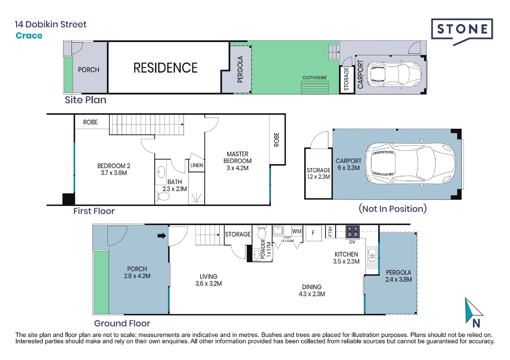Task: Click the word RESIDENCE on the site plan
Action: (165, 68)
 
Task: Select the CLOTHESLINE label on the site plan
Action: (315, 78)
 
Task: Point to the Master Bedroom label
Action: (237, 157)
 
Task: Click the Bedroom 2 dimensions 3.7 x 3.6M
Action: (114, 173)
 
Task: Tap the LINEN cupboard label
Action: (196, 165)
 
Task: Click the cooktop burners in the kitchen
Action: (353, 232)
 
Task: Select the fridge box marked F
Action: (314, 233)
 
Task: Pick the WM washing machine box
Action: (297, 231)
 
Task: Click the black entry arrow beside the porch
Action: (162, 236)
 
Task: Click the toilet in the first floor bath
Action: (162, 196)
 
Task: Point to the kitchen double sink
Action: (372, 255)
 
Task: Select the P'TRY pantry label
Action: (330, 232)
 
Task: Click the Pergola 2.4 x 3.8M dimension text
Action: (399, 279)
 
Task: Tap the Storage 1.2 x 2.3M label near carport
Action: (318, 173)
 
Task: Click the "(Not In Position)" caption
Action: (393, 209)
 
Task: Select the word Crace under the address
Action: (29, 35)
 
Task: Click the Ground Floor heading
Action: (122, 323)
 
